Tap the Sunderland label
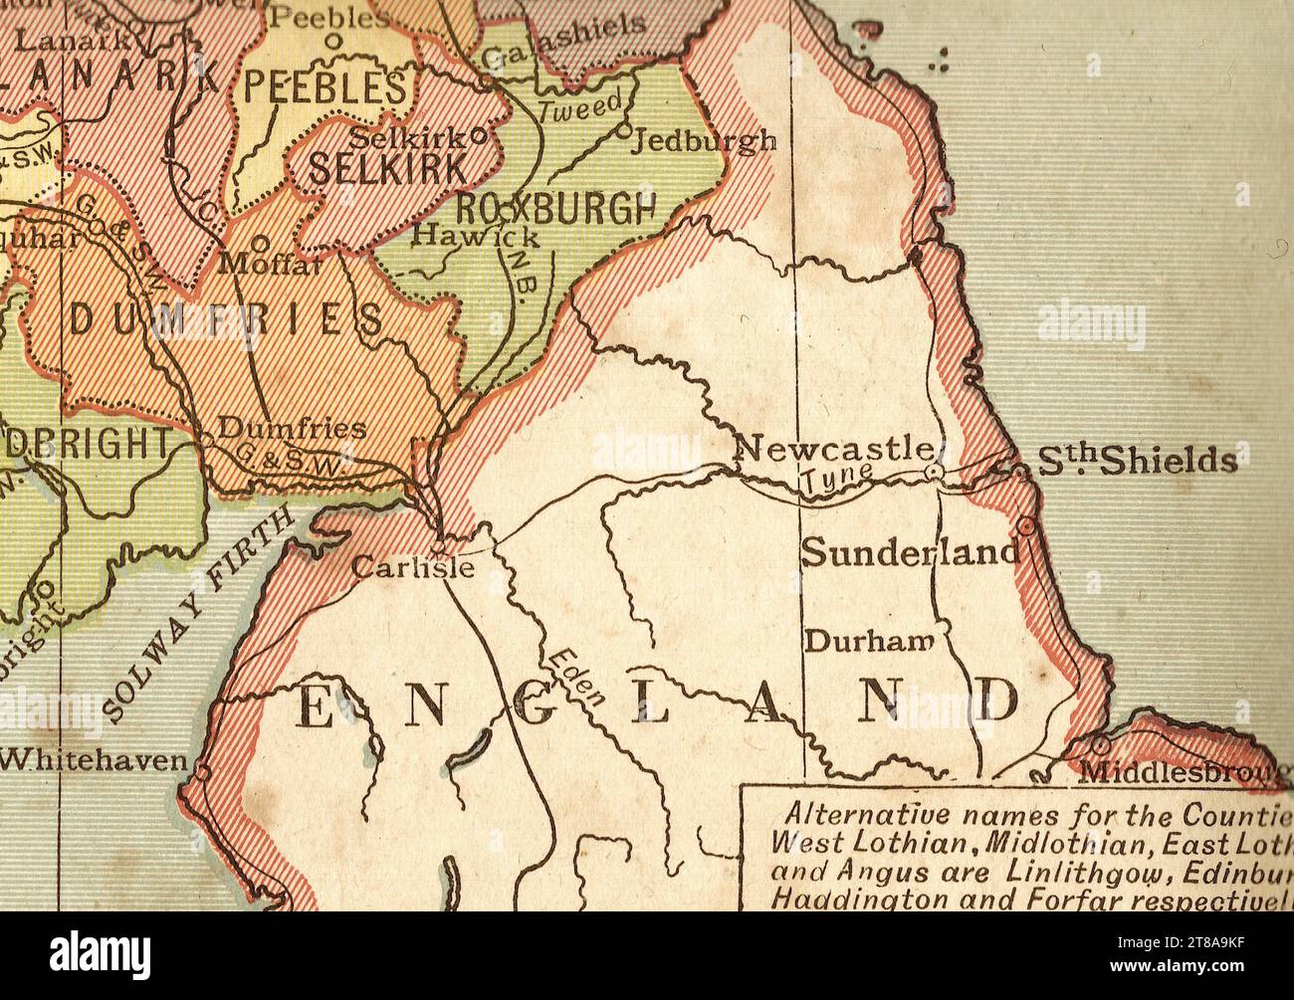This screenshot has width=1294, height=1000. [x=910, y=552]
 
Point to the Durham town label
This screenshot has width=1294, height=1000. [x=868, y=642]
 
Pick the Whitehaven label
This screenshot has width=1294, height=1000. [x=94, y=761]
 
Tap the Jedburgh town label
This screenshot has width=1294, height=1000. [x=705, y=140]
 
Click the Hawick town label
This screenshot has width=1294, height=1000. [x=476, y=237]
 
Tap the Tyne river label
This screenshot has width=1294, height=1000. [x=838, y=479]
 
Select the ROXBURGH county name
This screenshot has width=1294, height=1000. [x=556, y=208]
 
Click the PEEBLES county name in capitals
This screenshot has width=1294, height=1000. [x=325, y=89]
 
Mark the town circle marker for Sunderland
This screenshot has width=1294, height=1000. [x=1025, y=524]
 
